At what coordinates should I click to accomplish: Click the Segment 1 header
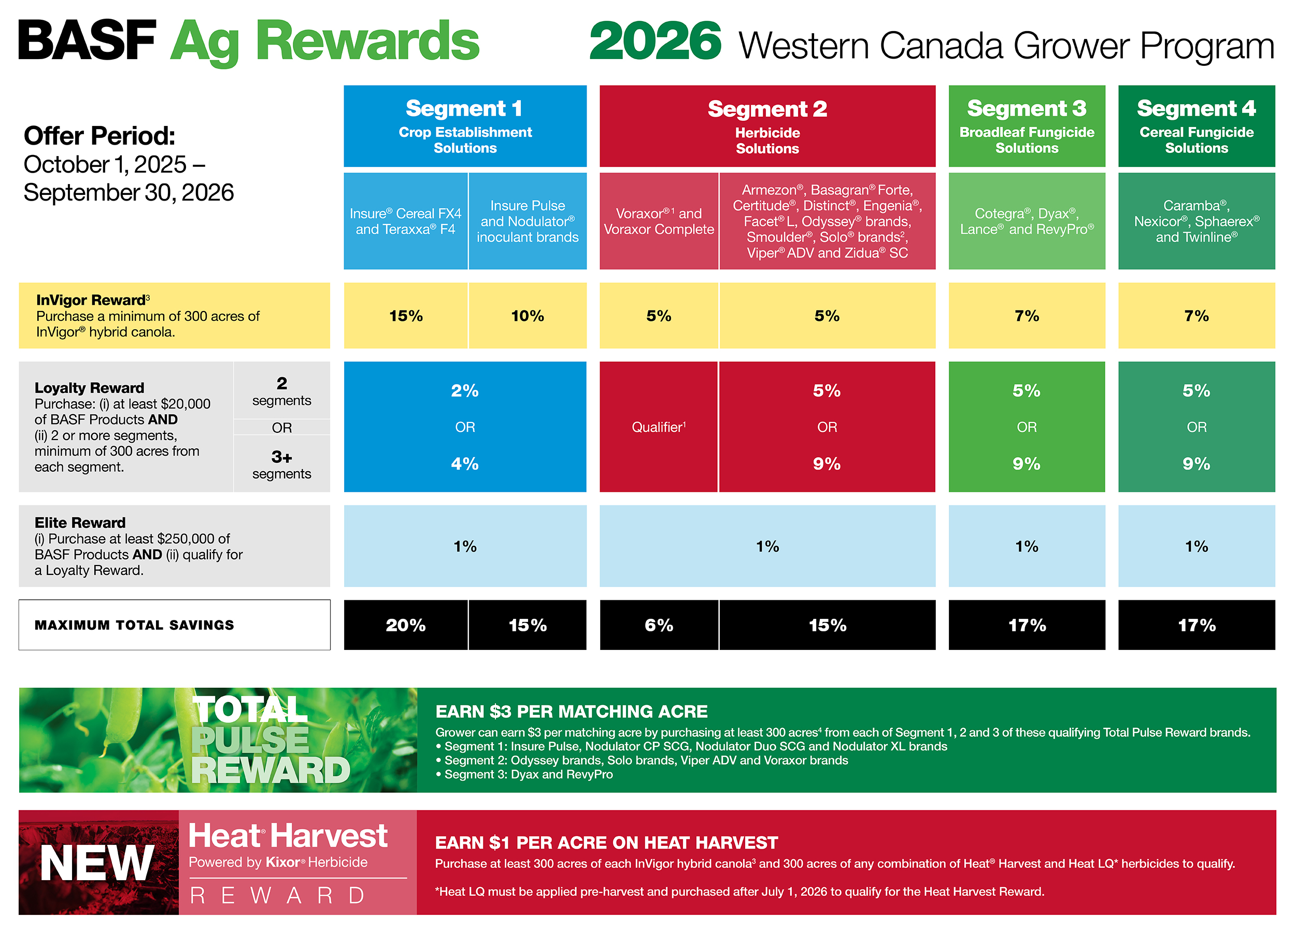465,125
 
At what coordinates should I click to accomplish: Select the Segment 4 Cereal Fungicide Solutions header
1196,125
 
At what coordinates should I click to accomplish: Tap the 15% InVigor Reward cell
405,315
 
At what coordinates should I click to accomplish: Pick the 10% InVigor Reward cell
528,315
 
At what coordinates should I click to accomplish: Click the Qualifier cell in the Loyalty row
658,427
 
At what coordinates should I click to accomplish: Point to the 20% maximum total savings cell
405,625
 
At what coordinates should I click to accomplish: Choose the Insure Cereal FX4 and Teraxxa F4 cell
405,221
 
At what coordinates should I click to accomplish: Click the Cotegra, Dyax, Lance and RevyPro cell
1027,221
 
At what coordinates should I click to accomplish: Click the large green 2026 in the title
656,40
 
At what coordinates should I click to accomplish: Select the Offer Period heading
99,136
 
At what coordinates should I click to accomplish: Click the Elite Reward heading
80,522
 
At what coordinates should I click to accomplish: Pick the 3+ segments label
281,464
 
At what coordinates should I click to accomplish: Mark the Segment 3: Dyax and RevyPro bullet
524,774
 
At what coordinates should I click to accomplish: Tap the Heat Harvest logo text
288,836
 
